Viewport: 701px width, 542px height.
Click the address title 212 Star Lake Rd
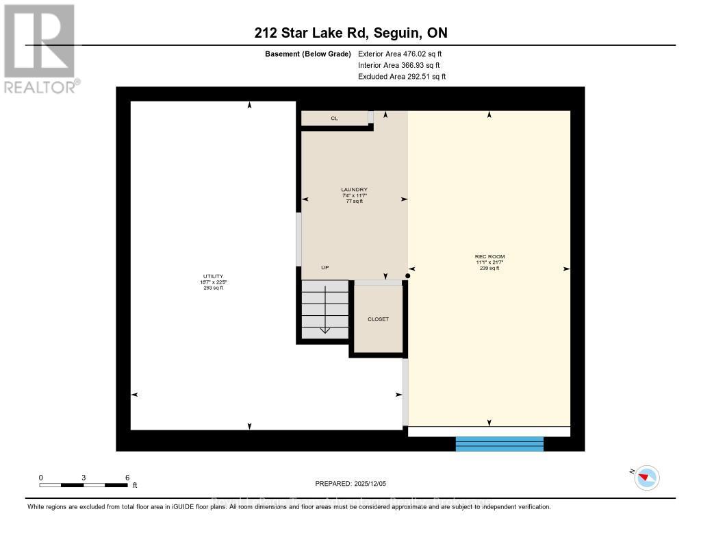pos(350,33)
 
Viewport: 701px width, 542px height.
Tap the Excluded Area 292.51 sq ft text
pos(402,77)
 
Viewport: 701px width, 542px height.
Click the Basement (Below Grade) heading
pos(307,53)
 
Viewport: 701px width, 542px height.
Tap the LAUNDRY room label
pos(355,190)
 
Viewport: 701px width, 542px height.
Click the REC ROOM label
pos(490,257)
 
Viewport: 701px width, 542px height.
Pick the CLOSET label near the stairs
pos(378,319)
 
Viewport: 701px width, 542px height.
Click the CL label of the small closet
pos(335,119)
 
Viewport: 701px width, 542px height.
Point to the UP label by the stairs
pos(325,267)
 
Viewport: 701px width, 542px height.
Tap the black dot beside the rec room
pos(408,276)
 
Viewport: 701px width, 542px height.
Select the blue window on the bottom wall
pos(500,444)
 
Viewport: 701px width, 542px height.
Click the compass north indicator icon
pos(646,477)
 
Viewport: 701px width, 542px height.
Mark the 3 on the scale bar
pos(84,477)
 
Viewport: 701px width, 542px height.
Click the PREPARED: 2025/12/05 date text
pos(351,483)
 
